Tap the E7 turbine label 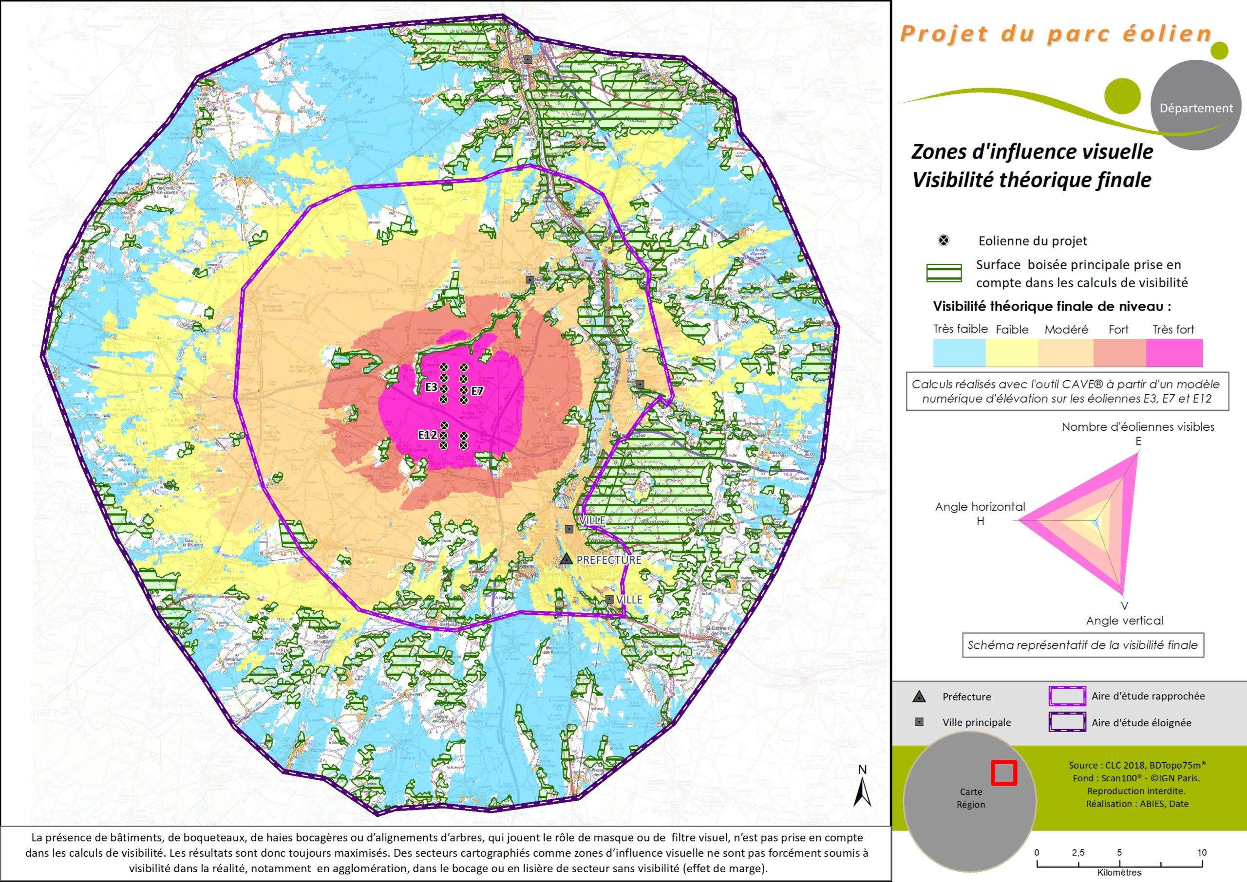(x=477, y=391)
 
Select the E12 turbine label (x=427, y=435)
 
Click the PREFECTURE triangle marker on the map (x=567, y=559)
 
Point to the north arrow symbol (x=862, y=790)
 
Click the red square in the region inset (x=1004, y=772)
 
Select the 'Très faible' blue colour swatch (x=959, y=352)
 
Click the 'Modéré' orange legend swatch (x=1065, y=352)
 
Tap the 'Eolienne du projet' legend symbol (x=945, y=240)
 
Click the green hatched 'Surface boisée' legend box (x=944, y=273)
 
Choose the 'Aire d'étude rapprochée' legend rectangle (x=1067, y=696)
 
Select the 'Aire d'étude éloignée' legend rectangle (x=1067, y=722)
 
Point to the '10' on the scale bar (x=1201, y=852)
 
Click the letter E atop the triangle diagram (x=1138, y=441)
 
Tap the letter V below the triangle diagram (x=1124, y=606)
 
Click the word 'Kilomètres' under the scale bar (x=1119, y=873)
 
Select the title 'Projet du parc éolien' (x=1055, y=34)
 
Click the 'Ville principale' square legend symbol (x=919, y=722)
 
